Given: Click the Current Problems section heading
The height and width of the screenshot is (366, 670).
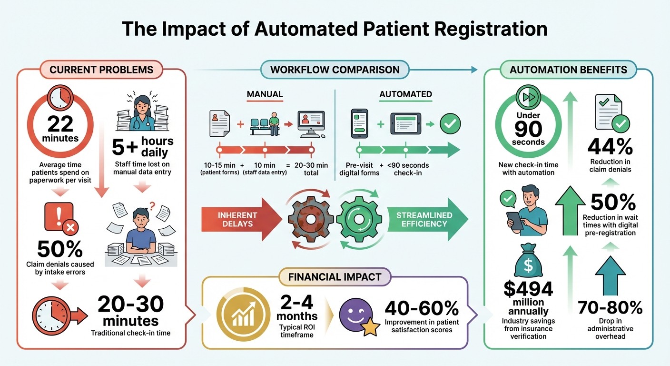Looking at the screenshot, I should [x=101, y=70].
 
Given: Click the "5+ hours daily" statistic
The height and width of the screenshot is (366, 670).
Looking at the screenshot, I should [x=143, y=147].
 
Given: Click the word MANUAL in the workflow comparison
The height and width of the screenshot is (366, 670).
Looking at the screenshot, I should [x=265, y=94].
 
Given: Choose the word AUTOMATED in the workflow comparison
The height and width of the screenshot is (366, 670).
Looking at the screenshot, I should [x=405, y=94].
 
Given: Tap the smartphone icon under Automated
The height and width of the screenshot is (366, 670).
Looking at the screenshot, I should [x=360, y=123].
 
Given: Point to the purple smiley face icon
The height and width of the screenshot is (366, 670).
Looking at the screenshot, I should [x=353, y=316].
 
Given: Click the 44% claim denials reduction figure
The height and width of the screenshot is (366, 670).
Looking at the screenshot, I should [x=610, y=147].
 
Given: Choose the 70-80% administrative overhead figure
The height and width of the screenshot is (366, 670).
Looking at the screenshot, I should [x=610, y=308].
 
